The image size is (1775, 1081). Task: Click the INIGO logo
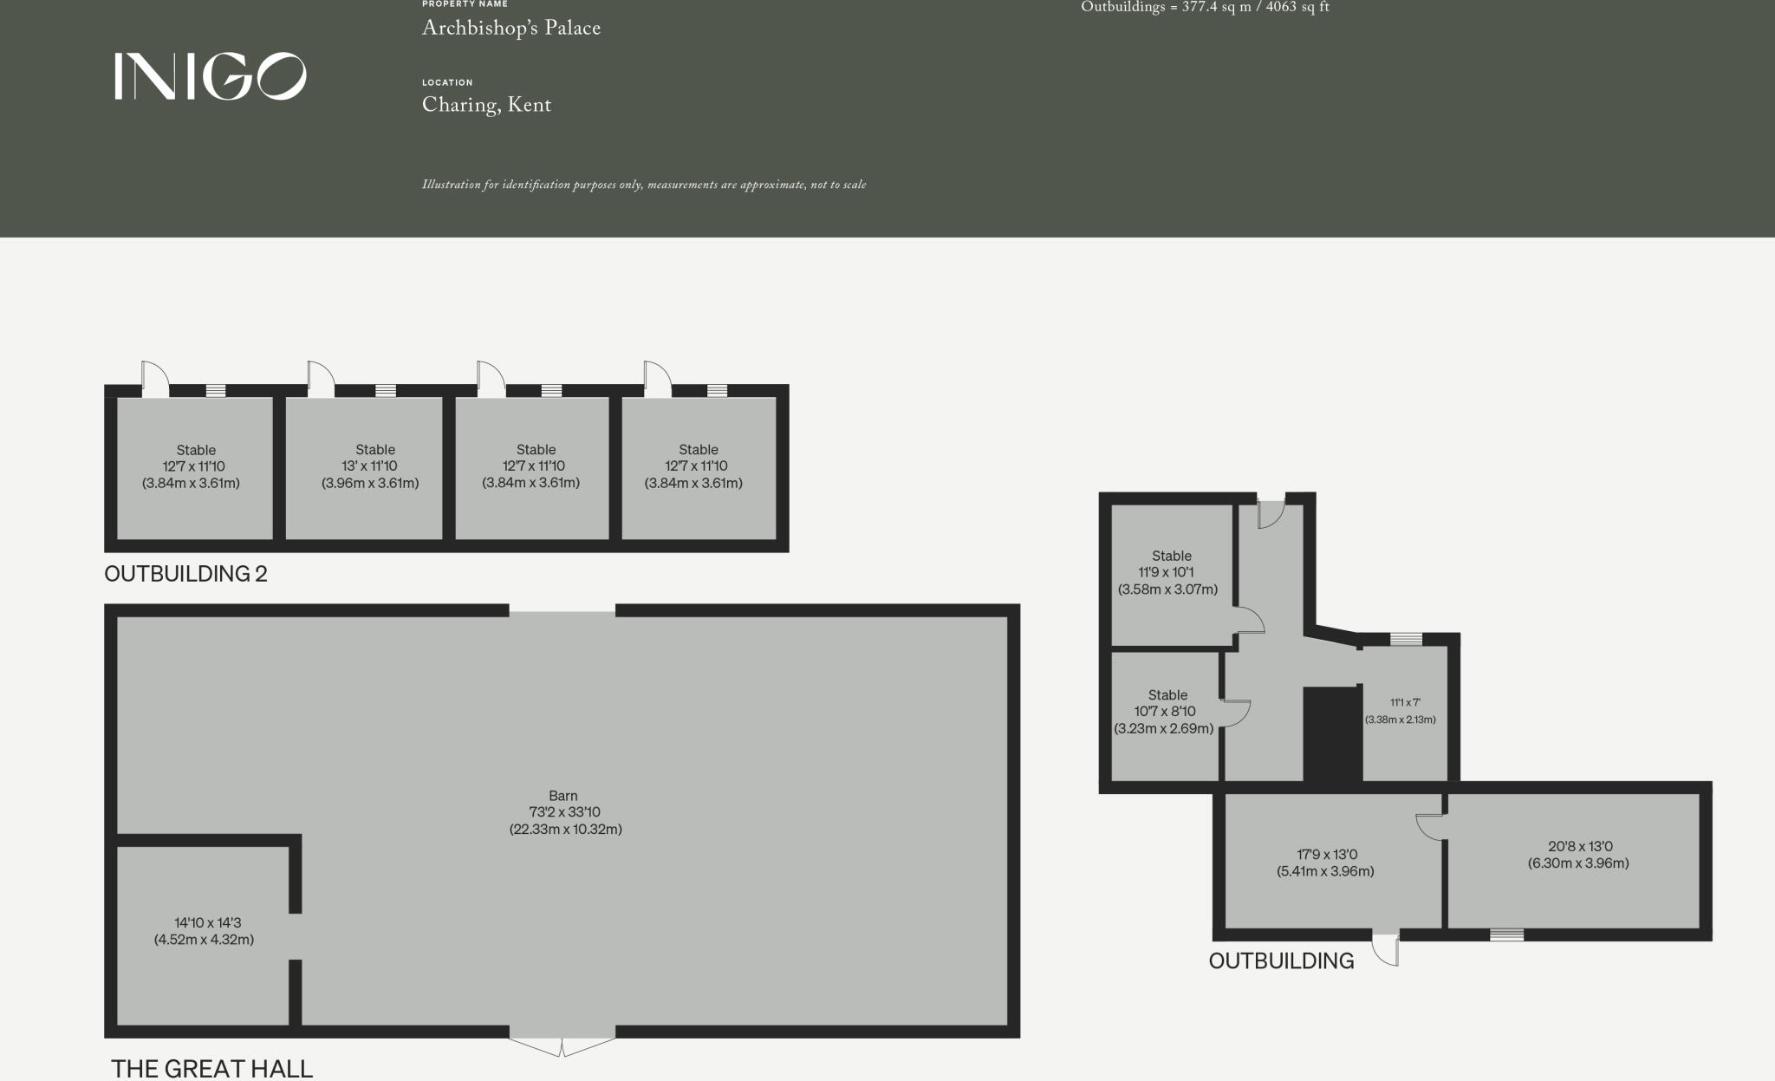[x=210, y=76]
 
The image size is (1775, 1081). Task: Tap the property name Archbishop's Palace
[x=510, y=29]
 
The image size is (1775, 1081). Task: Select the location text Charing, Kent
[x=486, y=106]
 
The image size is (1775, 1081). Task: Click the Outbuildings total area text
[x=1205, y=8]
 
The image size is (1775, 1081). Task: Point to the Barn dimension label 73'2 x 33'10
[x=564, y=812]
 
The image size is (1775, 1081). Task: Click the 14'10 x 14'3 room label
[x=205, y=931]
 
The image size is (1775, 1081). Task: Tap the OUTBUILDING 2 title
[x=185, y=574]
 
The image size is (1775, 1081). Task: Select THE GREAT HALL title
[x=211, y=1068]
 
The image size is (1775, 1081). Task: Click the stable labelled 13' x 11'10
[x=370, y=466]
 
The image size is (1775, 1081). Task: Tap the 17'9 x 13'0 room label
[x=1325, y=863]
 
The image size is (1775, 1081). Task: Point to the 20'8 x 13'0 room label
[x=1578, y=855]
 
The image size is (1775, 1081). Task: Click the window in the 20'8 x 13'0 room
[x=1506, y=934]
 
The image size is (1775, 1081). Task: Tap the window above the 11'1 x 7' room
[x=1406, y=640]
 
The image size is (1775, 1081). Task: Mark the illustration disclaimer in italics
[x=644, y=185]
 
